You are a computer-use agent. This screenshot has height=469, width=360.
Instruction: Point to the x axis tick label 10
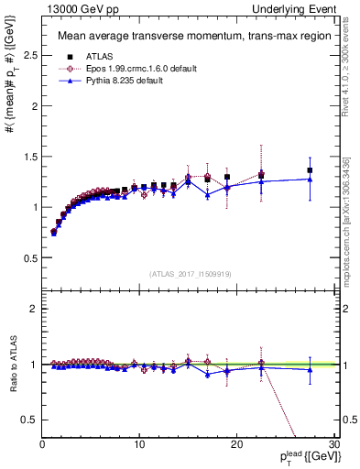click(139, 445)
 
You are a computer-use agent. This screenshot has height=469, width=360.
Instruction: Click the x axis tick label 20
click(236, 445)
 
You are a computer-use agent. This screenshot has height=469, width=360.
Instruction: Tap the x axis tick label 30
click(333, 445)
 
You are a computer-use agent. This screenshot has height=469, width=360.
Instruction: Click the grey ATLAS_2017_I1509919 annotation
click(191, 274)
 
